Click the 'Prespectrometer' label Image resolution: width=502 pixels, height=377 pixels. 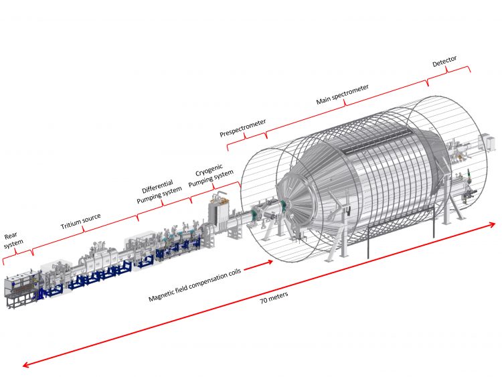point(243,127)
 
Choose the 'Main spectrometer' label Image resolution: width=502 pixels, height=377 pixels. point(342,95)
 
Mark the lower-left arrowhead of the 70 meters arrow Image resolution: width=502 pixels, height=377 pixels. point(25,366)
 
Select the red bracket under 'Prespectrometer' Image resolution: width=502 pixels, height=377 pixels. point(247,137)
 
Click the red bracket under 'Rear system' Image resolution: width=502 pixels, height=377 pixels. point(17,256)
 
